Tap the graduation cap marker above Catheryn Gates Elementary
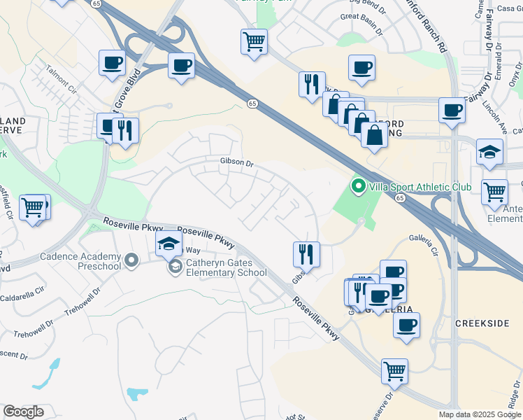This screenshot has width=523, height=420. [x=169, y=244]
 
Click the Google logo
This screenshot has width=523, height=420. [x=23, y=412]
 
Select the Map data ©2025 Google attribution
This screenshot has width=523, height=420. [x=480, y=414]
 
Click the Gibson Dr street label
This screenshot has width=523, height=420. [x=236, y=163]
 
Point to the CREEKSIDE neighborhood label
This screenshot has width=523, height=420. [x=480, y=323]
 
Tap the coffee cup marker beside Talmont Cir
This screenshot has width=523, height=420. [x=112, y=64]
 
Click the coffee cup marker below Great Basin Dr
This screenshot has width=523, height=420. [x=361, y=68]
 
